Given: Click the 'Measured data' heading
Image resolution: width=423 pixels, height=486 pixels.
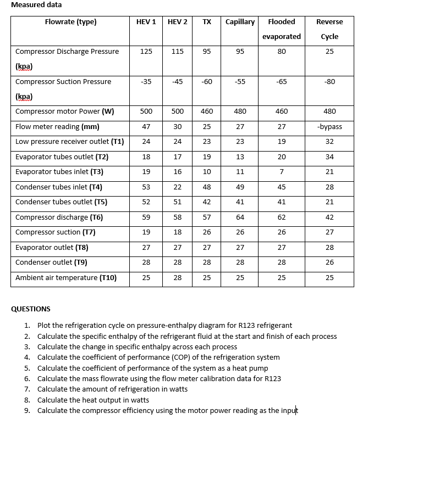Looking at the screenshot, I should pos(36,5).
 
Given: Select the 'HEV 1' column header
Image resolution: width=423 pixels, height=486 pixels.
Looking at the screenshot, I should pos(146,22).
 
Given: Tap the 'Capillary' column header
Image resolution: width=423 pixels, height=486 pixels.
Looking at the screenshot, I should pos(240,22).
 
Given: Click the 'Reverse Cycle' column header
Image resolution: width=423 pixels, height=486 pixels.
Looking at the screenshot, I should pos(329,29).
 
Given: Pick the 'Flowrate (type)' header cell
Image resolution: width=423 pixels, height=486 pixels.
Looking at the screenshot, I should pos(70,22).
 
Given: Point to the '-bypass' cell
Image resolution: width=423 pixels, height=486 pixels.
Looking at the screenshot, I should pos(329,127).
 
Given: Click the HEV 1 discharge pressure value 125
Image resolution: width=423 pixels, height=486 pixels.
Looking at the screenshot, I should pos(146,52).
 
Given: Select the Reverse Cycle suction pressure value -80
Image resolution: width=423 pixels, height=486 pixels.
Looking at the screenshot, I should pos(329,82).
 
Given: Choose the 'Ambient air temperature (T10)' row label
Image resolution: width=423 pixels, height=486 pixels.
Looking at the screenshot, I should pos(66,278).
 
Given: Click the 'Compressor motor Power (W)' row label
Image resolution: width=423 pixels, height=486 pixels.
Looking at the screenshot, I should pos(64,111).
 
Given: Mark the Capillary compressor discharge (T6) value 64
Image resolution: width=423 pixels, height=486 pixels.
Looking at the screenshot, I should pos(240,217).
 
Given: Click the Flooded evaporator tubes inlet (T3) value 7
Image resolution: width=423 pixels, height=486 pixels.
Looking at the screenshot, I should pos(281,172).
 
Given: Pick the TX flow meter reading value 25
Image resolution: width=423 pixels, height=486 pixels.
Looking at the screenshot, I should pos(207,127).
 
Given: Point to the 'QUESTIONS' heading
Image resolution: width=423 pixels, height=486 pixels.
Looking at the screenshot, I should pos(31,309).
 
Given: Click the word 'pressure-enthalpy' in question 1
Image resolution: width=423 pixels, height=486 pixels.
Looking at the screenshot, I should pos(155,326).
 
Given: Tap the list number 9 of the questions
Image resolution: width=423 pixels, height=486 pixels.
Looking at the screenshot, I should pos(27,411).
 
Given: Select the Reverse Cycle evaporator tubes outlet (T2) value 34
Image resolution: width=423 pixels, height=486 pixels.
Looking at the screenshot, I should pos(329,157).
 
